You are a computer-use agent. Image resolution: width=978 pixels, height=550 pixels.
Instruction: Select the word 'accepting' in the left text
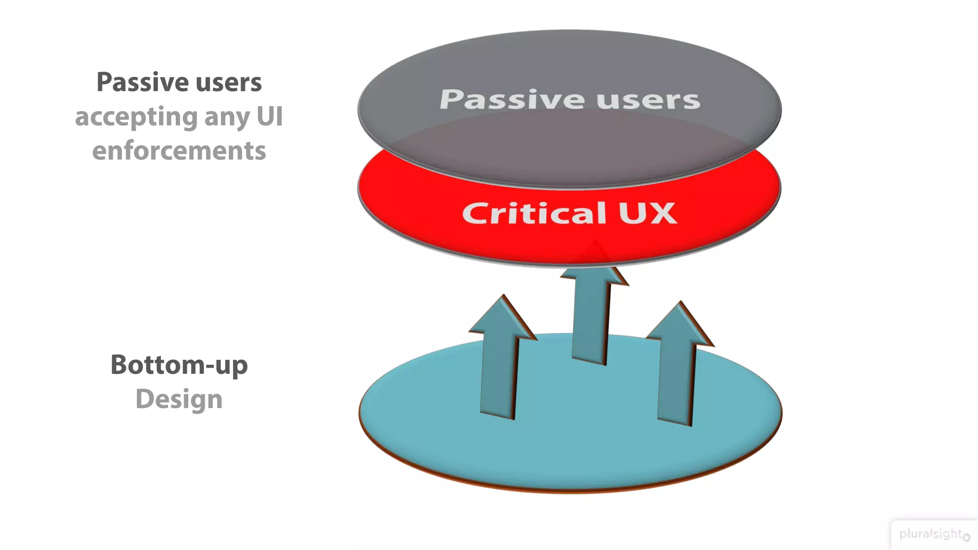(x=136, y=117)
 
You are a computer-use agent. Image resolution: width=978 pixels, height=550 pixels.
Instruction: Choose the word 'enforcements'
(x=179, y=151)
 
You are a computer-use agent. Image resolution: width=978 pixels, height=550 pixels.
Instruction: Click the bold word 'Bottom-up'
(x=179, y=366)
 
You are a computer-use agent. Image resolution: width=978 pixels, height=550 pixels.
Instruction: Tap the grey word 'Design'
(x=179, y=400)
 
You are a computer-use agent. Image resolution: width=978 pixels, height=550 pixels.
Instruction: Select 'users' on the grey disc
(x=648, y=100)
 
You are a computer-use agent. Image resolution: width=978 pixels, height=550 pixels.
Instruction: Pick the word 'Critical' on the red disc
(x=534, y=213)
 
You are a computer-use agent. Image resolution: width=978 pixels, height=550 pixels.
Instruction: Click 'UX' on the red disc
(x=648, y=213)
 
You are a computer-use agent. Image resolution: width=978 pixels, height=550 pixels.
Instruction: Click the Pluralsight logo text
(x=930, y=534)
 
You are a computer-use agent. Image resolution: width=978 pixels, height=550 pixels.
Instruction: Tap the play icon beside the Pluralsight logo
(x=967, y=537)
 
